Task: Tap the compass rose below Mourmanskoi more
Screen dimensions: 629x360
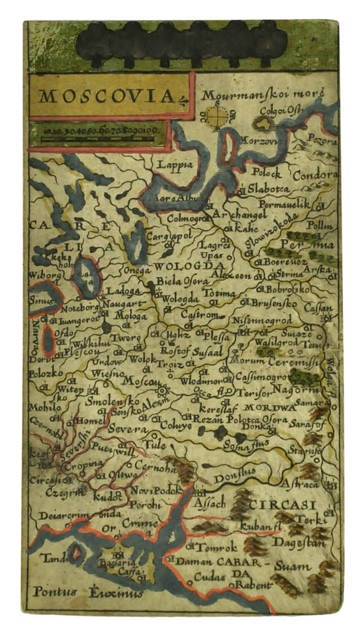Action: tap(215, 117)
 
